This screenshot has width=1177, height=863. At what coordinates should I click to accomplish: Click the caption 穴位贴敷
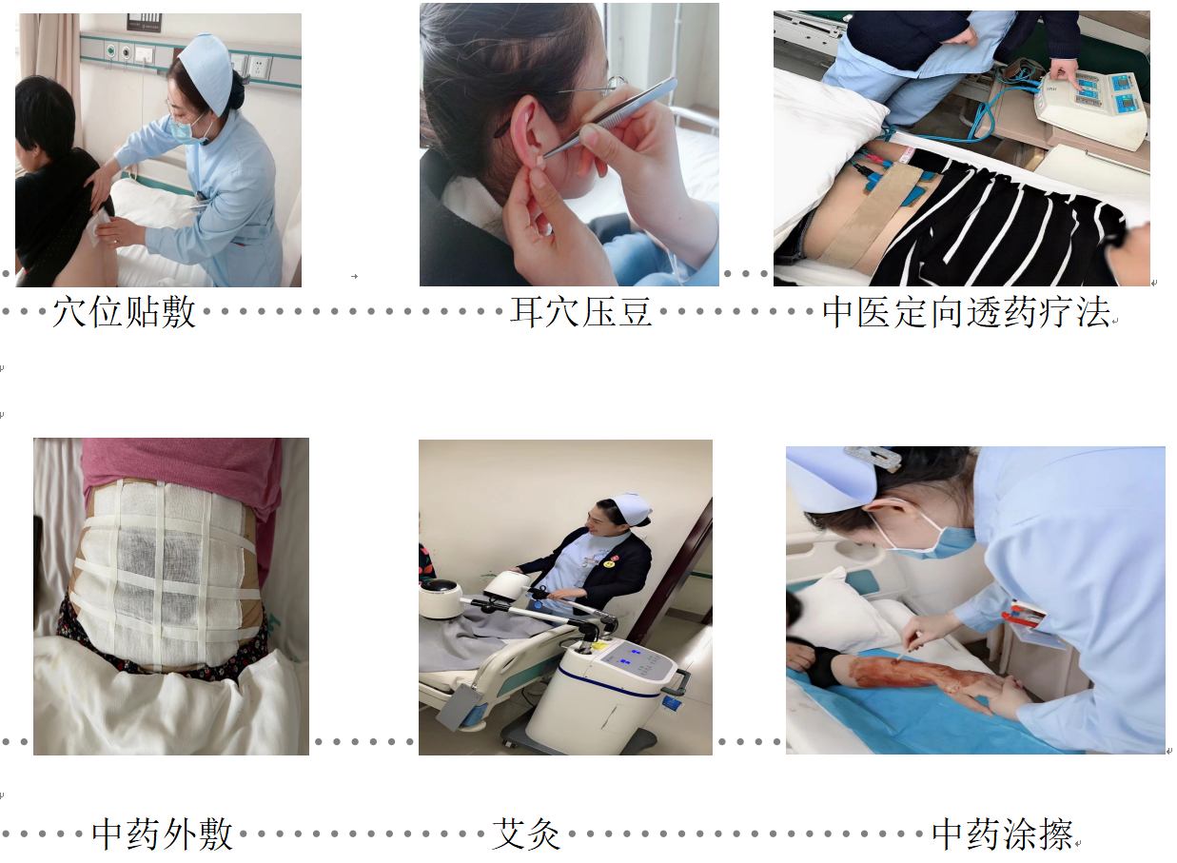[124, 312]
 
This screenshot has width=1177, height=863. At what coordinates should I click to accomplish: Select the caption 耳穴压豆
[581, 312]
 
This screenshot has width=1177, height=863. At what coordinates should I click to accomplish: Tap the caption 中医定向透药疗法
[966, 312]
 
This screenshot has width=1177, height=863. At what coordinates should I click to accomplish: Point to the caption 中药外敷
[162, 834]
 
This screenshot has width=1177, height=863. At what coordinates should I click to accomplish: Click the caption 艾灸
[526, 834]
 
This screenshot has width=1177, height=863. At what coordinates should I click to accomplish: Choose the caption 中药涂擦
[1002, 834]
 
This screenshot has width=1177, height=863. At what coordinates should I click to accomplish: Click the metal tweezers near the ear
[610, 118]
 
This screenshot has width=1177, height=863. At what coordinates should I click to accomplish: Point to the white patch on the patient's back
[99, 227]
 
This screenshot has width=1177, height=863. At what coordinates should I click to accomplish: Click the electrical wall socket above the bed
[259, 67]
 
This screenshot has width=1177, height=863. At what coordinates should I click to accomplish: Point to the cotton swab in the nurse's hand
[908, 650]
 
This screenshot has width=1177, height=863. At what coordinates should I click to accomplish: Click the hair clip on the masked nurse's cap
[873, 456]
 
